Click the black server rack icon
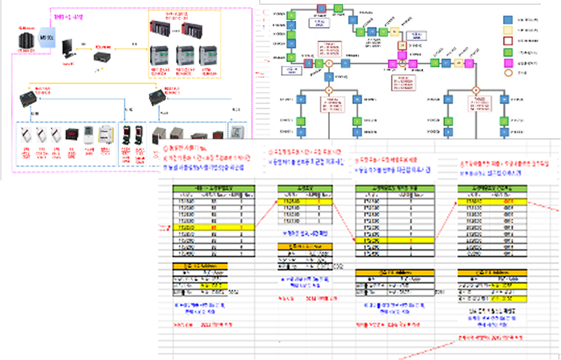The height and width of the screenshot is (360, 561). click(x=27, y=43)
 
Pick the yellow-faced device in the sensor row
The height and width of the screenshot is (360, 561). click(x=107, y=138)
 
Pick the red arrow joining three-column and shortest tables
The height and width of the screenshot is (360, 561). click(x=265, y=214)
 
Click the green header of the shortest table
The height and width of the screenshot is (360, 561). click(x=300, y=189)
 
